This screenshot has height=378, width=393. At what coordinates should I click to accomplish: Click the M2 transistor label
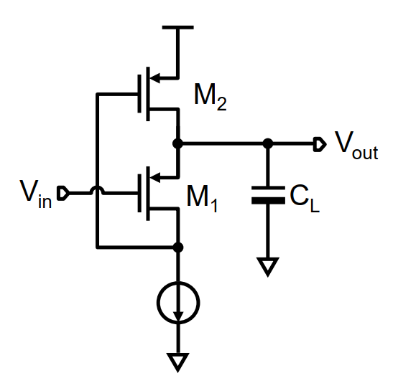[x=210, y=96]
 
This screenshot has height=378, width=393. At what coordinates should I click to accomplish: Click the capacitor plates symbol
[x=268, y=196]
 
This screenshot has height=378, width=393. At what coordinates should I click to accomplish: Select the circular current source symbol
[x=178, y=302]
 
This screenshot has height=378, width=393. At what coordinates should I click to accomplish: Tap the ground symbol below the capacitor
[x=268, y=267]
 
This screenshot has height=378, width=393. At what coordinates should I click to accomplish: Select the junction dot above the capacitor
[x=268, y=144]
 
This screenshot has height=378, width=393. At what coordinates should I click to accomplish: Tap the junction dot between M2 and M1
[x=178, y=144]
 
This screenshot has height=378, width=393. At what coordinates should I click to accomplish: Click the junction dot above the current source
[x=178, y=247]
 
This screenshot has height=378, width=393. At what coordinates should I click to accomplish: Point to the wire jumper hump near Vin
[x=96, y=192]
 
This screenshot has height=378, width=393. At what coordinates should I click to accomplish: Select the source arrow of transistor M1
[x=167, y=176]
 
